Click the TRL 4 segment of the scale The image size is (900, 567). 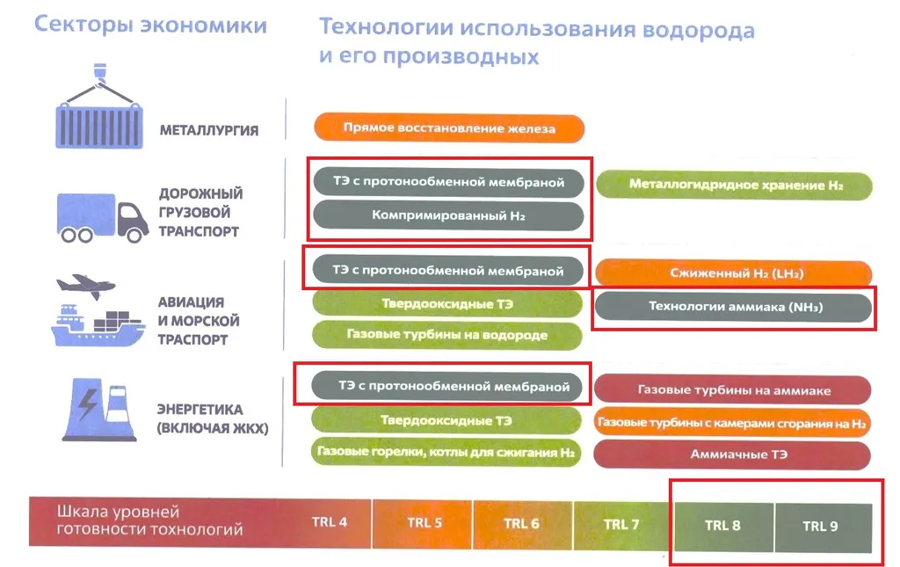click(x=330, y=522)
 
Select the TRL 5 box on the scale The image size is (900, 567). click(x=423, y=523)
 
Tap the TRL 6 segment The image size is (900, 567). click(x=522, y=524)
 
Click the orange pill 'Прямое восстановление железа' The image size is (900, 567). click(x=449, y=128)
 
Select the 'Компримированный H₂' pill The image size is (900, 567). click(x=448, y=215)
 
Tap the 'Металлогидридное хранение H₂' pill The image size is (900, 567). click(x=734, y=185)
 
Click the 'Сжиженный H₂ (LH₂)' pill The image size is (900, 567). click(x=734, y=273)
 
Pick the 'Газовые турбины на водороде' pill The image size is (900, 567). click(x=447, y=335)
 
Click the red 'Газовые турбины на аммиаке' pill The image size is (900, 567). click(x=732, y=390)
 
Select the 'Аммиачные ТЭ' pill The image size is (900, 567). click(x=732, y=454)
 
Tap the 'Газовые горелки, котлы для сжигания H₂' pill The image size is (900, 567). click(x=446, y=452)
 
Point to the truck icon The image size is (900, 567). click(x=102, y=217)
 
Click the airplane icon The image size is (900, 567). click(x=86, y=286)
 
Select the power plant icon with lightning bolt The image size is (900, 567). click(x=99, y=409)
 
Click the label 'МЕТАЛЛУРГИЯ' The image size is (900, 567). click(x=209, y=130)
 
